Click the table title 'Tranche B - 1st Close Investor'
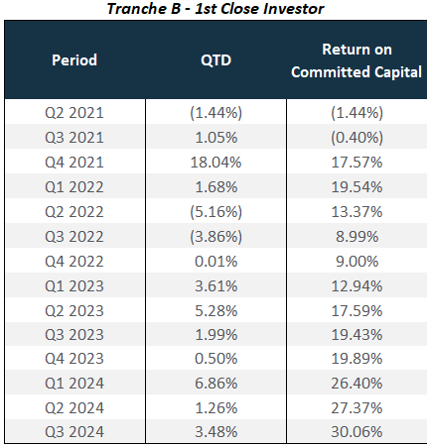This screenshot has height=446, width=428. click(x=215, y=9)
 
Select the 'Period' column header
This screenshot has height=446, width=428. click(x=74, y=60)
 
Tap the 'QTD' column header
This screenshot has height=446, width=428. click(x=215, y=60)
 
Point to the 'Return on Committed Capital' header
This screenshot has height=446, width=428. click(x=357, y=60)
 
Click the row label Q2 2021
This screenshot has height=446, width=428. click(x=74, y=113)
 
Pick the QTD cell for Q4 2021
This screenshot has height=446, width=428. click(x=215, y=163)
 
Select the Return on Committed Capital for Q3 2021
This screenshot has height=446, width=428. click(x=357, y=138)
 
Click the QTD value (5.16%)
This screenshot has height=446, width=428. click(x=215, y=212)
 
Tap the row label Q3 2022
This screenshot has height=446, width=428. click(x=74, y=237)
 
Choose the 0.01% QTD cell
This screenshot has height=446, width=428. click(x=215, y=262)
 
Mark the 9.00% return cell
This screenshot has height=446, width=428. click(x=357, y=262)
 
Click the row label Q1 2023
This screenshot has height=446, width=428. click(x=74, y=286)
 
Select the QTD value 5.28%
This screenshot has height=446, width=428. click(x=215, y=311)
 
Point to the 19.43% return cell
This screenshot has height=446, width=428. click(x=357, y=335)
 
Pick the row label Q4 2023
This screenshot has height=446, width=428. click(x=74, y=359)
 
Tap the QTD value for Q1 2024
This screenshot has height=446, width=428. click(x=215, y=384)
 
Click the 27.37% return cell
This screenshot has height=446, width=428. click(x=357, y=408)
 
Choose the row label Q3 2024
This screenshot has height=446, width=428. click(x=74, y=432)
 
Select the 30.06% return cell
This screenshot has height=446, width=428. click(x=357, y=432)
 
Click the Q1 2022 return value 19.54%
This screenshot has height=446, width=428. click(x=357, y=187)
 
